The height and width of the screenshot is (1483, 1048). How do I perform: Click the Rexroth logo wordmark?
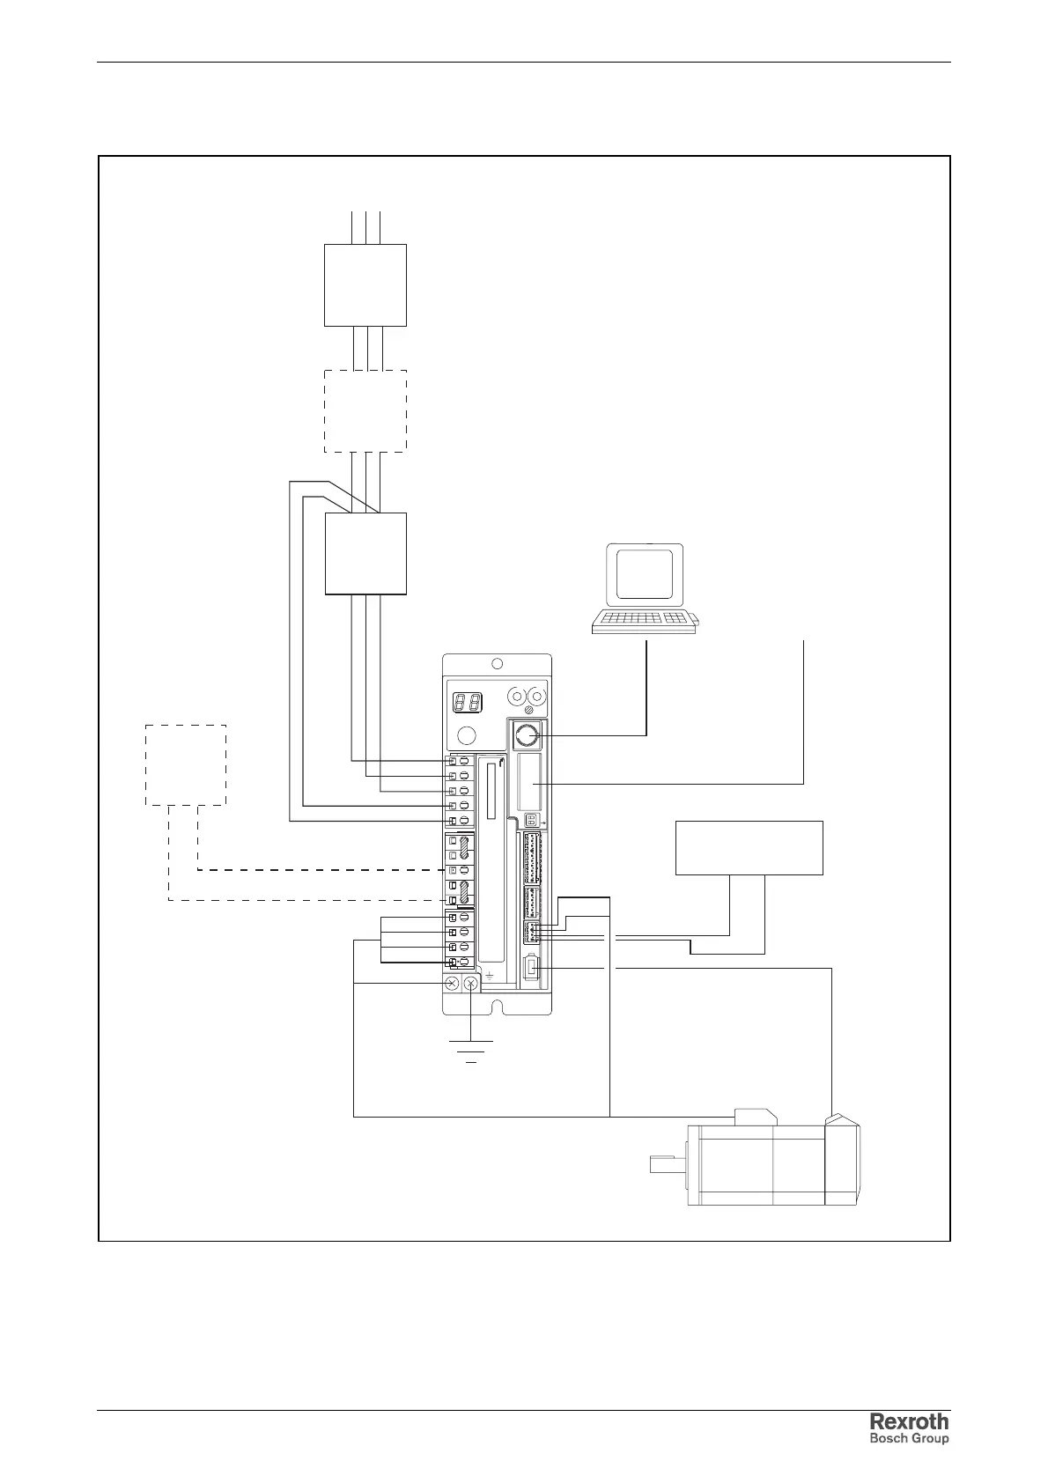pyautogui.click(x=910, y=1421)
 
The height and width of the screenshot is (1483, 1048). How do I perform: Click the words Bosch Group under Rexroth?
pyautogui.click(x=910, y=1439)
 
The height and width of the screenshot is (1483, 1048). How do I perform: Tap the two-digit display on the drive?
pyautogui.click(x=467, y=703)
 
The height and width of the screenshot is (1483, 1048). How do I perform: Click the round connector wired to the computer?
pyautogui.click(x=527, y=734)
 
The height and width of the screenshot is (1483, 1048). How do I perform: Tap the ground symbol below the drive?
pyautogui.click(x=471, y=1051)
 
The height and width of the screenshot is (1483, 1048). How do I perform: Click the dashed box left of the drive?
pyautogui.click(x=186, y=764)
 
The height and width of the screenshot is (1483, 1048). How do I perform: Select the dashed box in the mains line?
pyautogui.click(x=365, y=411)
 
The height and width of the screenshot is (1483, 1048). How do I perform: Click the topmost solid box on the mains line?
pyautogui.click(x=365, y=285)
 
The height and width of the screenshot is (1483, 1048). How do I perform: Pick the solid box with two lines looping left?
pyautogui.click(x=365, y=553)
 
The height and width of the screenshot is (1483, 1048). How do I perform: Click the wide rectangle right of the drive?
pyautogui.click(x=749, y=847)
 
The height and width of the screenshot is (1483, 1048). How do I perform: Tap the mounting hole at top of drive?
pyautogui.click(x=497, y=664)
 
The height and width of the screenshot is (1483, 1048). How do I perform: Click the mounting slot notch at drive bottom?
pyautogui.click(x=498, y=1006)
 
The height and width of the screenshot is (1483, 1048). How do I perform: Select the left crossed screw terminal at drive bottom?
pyautogui.click(x=452, y=983)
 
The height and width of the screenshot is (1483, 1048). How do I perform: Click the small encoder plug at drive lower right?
pyautogui.click(x=532, y=969)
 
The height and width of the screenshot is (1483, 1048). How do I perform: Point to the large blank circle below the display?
pyautogui.click(x=467, y=736)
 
